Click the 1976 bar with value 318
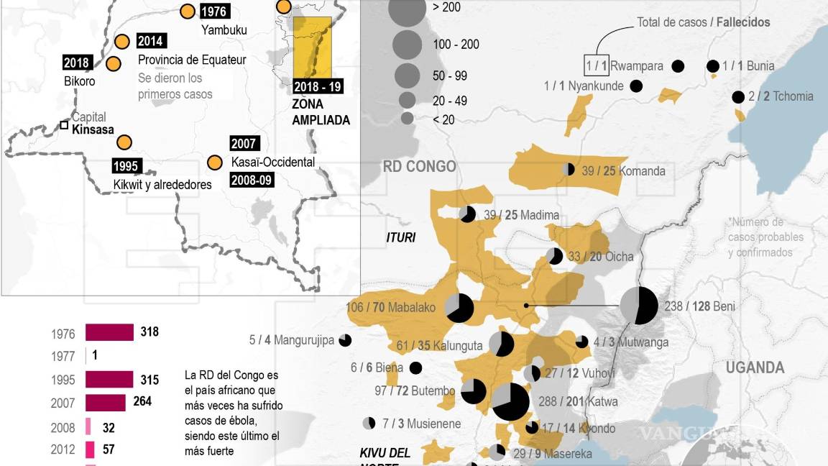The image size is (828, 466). [109, 332]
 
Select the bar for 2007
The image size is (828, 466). [105, 402]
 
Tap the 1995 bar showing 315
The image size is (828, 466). [109, 379]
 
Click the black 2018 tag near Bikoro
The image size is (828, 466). [77, 63]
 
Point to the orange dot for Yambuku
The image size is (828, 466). [188, 12]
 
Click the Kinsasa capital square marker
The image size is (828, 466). [64, 125]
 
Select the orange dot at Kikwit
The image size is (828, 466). [125, 142]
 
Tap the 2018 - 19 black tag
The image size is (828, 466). [318, 86]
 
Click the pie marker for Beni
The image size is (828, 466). [638, 306]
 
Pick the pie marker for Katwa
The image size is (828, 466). [510, 401]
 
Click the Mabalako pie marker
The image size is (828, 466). [459, 308]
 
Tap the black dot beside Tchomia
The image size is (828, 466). [737, 97]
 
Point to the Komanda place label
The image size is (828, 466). [642, 171]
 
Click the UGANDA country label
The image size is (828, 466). [755, 367]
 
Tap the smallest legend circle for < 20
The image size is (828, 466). [408, 118]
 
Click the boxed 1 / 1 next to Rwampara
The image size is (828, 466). [597, 66]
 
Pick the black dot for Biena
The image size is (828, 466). [415, 368]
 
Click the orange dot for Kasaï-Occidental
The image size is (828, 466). [213, 163]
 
